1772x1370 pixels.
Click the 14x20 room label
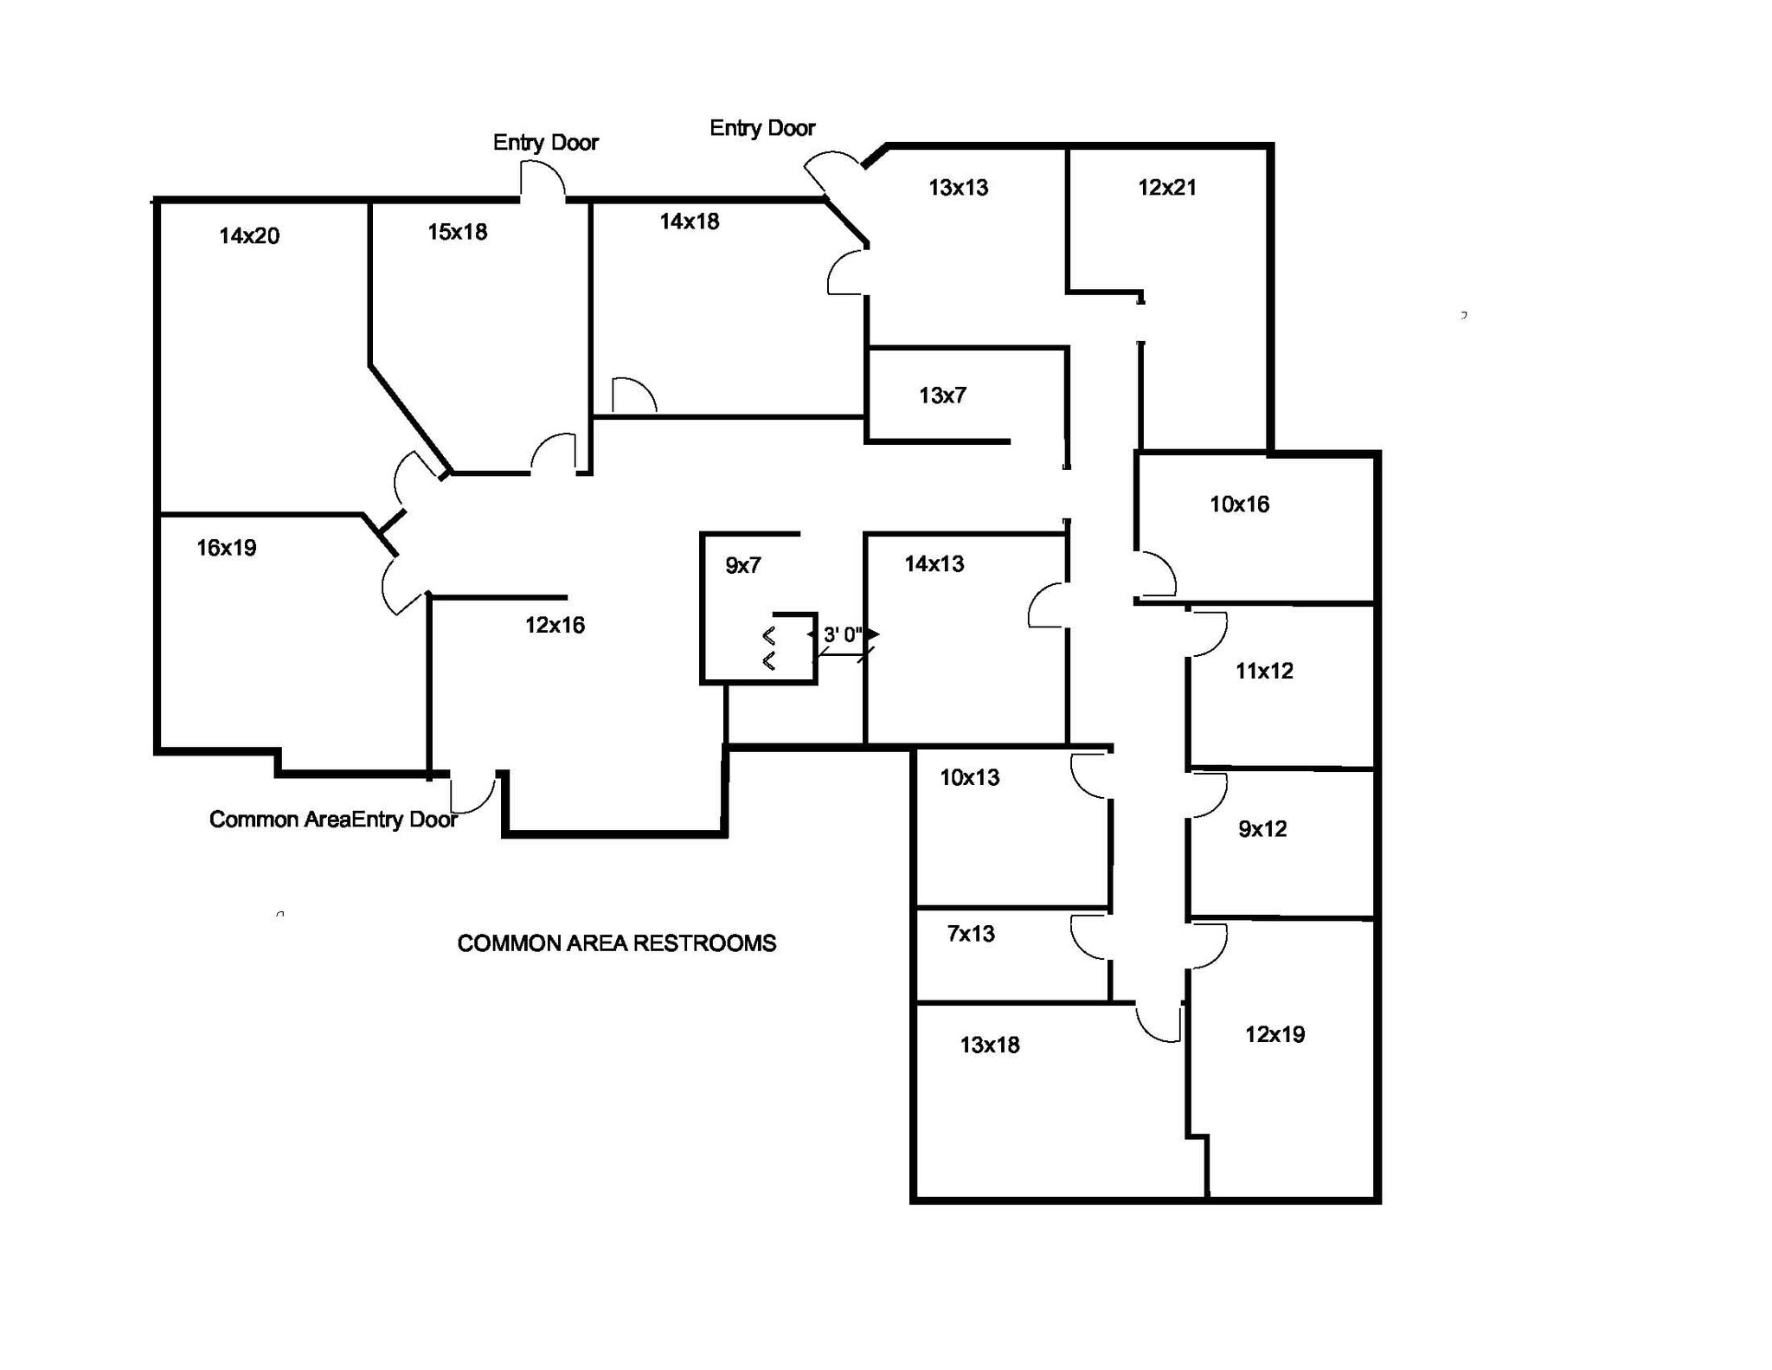[249, 235]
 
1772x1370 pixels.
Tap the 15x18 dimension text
[457, 232]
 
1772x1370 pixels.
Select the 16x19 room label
[227, 548]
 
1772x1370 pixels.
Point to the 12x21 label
[1167, 187]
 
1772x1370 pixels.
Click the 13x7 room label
[942, 396]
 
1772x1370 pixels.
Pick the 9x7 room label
[743, 566]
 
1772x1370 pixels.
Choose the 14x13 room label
[934, 564]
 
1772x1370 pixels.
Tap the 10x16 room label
[1239, 505]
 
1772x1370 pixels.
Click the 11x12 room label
[1264, 671]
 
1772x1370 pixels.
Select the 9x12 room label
[1262, 829]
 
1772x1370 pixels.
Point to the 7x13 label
[971, 934]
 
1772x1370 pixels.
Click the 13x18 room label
[990, 1045]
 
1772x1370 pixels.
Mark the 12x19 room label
[1274, 1034]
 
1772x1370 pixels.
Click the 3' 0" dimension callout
[842, 635]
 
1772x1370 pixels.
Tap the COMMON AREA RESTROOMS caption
[616, 943]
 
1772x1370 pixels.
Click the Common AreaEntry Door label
[333, 820]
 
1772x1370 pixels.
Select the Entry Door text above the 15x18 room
[545, 143]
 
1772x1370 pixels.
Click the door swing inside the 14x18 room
[632, 396]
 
